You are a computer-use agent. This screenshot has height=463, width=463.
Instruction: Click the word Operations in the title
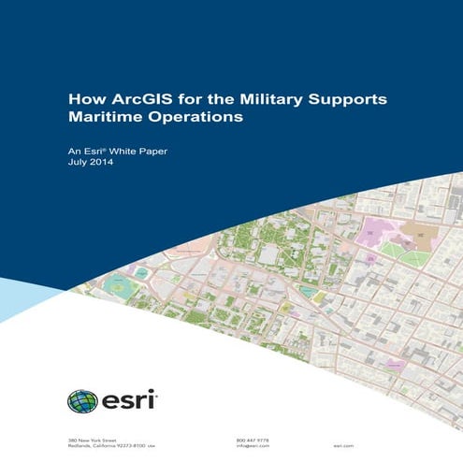(x=197, y=118)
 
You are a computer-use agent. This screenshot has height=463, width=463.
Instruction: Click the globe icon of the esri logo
(x=81, y=401)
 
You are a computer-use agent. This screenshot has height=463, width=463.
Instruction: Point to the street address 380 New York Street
(x=92, y=439)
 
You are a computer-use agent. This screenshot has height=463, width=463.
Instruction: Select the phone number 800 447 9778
(x=252, y=439)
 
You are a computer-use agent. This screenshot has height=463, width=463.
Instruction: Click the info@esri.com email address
(x=253, y=446)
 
